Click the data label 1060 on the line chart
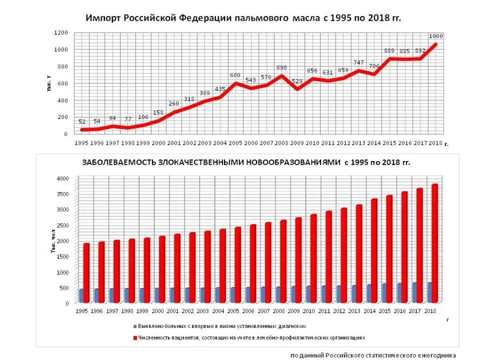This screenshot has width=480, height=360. tap(436, 36)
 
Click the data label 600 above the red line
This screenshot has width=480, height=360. tap(235, 76)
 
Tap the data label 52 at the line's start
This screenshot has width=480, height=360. tap(82, 122)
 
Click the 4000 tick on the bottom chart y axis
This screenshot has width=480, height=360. tap(63, 178)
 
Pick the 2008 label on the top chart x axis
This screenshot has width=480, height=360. tap(282, 143)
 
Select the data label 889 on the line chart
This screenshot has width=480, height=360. tap(389, 51)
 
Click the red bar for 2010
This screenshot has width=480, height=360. tap(314, 259)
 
